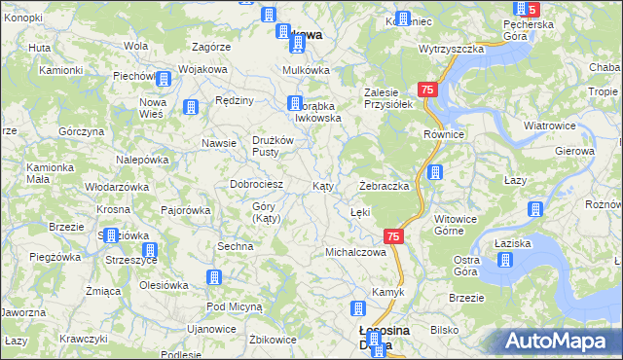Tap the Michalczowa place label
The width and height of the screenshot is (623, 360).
pyautogui.click(x=355, y=252)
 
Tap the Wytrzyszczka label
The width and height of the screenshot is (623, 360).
pyautogui.click(x=452, y=48)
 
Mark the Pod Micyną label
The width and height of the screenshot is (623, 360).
pyautogui.click(x=235, y=306)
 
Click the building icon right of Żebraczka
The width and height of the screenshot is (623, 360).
pyautogui.click(x=435, y=173)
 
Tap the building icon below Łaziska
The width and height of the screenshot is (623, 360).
pyautogui.click(x=505, y=260)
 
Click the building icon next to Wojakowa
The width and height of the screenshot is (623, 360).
pyautogui.click(x=164, y=79)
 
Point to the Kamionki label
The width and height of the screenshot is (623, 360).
pyautogui.click(x=61, y=71)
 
